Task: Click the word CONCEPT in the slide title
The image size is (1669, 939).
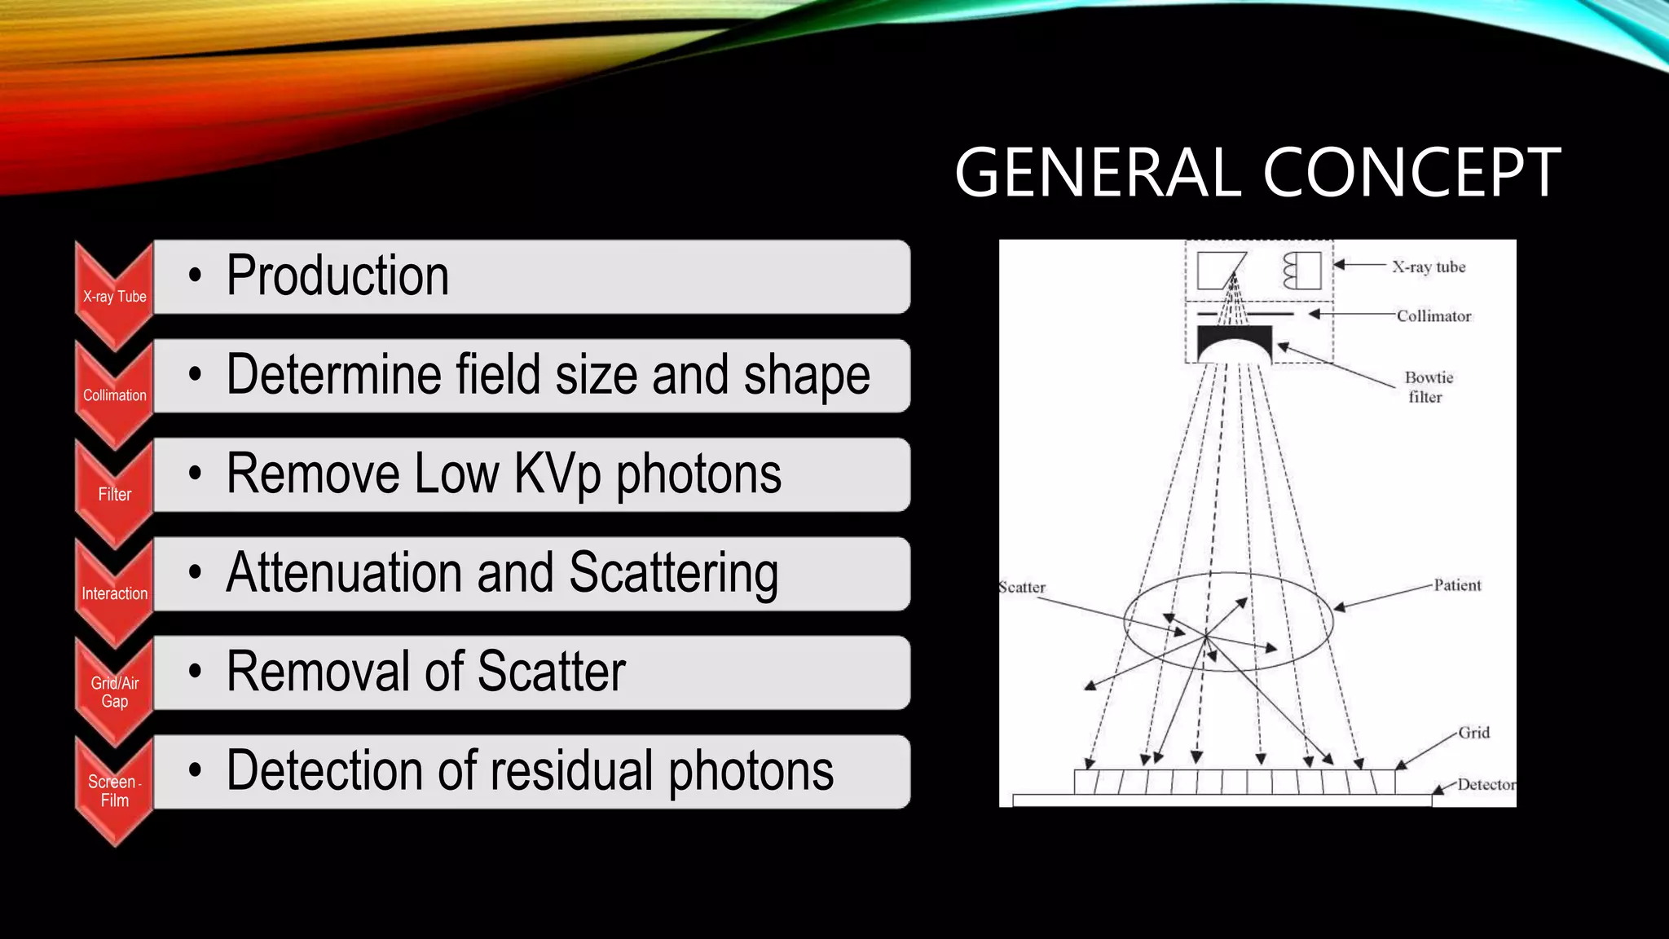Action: (1411, 173)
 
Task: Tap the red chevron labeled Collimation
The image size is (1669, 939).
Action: (115, 395)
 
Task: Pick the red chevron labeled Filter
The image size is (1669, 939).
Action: (115, 494)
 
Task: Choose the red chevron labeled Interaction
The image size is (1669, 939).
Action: (115, 593)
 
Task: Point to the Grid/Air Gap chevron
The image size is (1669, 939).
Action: (115, 692)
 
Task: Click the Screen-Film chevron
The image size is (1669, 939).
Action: (115, 791)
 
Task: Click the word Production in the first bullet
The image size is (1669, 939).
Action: (337, 276)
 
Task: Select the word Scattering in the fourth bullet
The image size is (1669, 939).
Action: (673, 573)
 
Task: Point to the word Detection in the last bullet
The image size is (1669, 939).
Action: (330, 770)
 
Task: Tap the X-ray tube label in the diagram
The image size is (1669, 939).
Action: (1428, 267)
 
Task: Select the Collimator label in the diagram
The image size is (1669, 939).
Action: (1433, 316)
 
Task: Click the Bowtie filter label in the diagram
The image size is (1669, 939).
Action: (1428, 387)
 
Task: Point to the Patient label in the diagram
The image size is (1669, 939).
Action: (1457, 585)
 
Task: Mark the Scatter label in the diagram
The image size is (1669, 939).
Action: (1023, 587)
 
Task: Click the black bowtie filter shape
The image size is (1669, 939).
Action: (1234, 338)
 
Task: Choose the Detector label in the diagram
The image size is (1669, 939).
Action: (1486, 785)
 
